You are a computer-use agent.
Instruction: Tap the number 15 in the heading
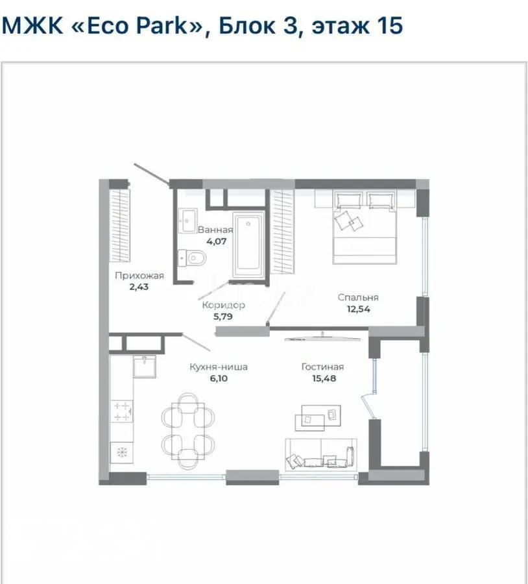[389, 26]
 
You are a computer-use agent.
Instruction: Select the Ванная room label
[215, 229]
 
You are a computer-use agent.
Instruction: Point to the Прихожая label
[139, 275]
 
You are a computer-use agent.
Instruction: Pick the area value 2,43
[139, 286]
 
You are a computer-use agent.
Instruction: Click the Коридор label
[222, 304]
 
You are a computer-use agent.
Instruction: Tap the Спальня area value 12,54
[358, 308]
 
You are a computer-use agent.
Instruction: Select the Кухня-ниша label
[219, 367]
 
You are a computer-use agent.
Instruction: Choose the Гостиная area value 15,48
[322, 378]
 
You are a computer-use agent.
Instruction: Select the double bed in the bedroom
[364, 227]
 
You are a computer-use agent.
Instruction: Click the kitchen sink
[144, 367]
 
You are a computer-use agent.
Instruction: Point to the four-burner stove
[121, 410]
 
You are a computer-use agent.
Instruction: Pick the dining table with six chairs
[187, 430]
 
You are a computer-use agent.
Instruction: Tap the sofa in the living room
[320, 454]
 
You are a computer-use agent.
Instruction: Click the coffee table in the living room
[318, 419]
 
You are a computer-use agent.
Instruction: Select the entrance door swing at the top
[154, 174]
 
